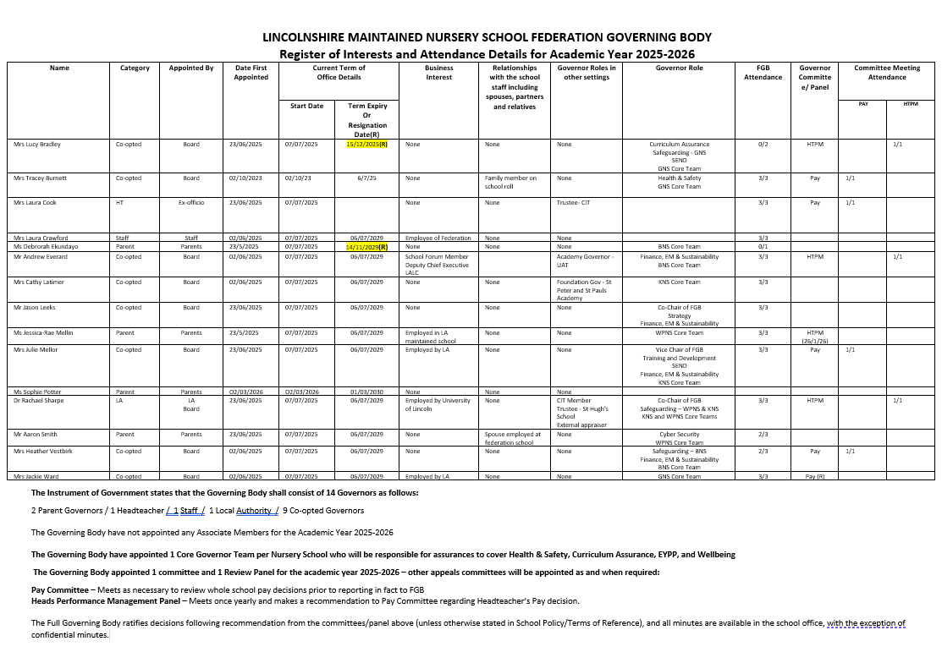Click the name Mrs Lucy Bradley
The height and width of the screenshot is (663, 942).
click(x=37, y=145)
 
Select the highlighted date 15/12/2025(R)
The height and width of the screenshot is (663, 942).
click(x=366, y=145)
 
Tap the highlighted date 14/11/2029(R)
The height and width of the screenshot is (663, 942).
click(x=366, y=247)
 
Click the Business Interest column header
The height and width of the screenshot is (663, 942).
click(x=438, y=73)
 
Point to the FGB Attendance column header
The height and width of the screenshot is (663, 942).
click(x=763, y=73)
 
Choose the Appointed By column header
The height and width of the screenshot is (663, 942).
click(x=191, y=68)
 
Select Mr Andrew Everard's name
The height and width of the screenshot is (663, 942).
click(x=40, y=256)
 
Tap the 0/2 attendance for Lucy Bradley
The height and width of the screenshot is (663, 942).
click(x=763, y=145)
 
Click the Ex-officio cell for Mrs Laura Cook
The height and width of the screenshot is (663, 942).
click(x=191, y=203)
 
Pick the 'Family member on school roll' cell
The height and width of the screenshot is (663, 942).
click(x=510, y=183)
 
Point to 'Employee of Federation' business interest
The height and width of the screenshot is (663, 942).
click(x=438, y=238)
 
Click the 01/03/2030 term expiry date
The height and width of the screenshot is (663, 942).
click(x=366, y=392)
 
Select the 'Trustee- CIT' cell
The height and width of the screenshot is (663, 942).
click(x=573, y=203)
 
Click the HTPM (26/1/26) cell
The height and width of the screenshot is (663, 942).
click(x=814, y=337)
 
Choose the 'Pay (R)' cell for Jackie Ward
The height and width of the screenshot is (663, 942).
click(x=814, y=477)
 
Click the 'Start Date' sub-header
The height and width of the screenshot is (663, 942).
click(x=306, y=107)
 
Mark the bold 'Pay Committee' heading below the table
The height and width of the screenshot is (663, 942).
click(x=63, y=589)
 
